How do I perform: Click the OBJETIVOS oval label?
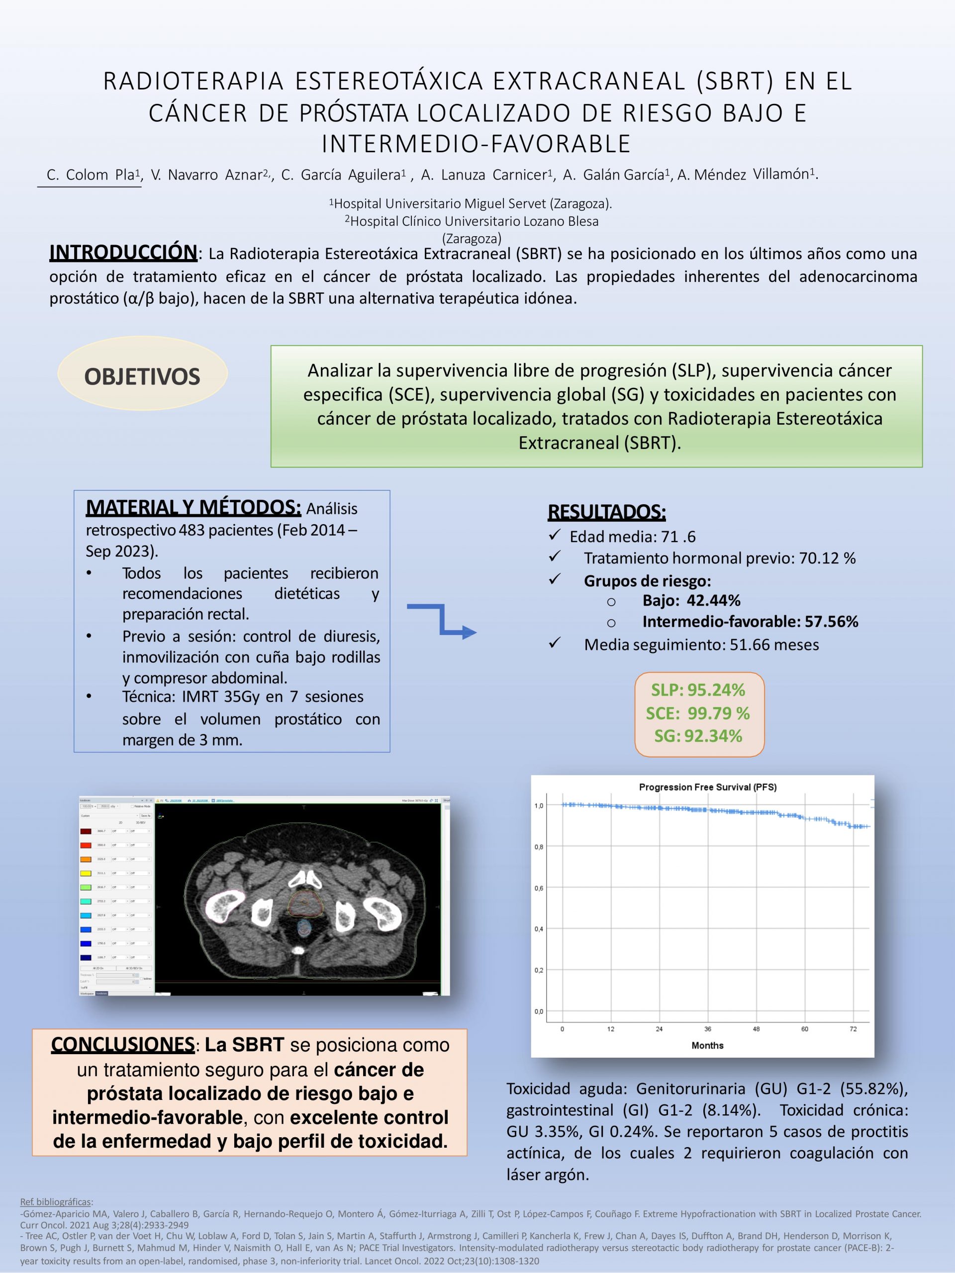point(142,376)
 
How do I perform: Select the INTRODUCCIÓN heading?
point(123,252)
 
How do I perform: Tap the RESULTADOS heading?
point(606,512)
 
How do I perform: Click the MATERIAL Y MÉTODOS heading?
point(193,507)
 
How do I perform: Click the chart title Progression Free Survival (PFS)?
point(707,787)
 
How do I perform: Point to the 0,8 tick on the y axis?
point(539,846)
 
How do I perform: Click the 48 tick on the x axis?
point(757,1029)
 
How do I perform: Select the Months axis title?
point(707,1045)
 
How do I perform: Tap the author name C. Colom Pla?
point(91,175)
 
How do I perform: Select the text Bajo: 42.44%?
point(691,601)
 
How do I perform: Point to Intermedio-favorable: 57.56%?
point(750,622)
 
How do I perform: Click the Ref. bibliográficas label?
point(56,1201)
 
